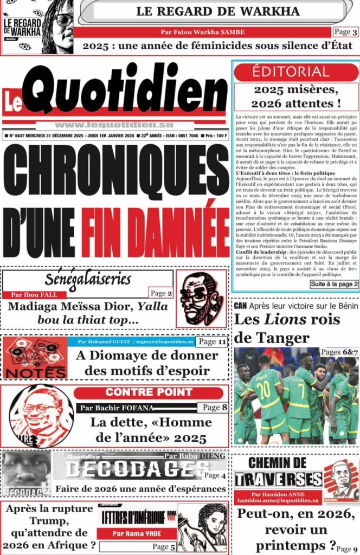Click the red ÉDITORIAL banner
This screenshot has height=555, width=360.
(296, 72)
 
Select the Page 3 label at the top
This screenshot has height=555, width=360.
(345, 32)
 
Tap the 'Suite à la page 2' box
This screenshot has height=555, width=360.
(334, 283)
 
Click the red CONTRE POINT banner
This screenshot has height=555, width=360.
(149, 392)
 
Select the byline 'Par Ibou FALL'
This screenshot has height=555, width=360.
(34, 295)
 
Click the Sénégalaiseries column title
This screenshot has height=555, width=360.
(88, 280)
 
